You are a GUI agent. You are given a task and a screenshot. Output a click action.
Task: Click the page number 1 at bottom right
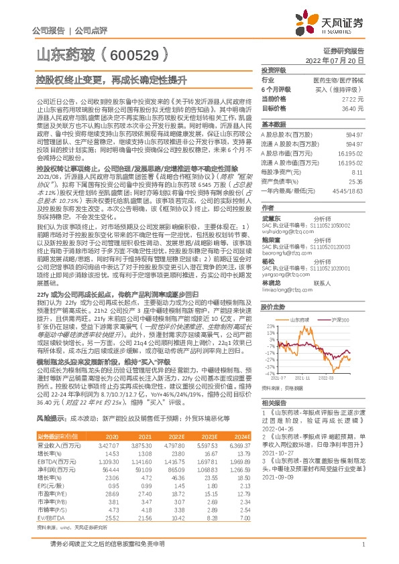pyautogui.click(x=362, y=546)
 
